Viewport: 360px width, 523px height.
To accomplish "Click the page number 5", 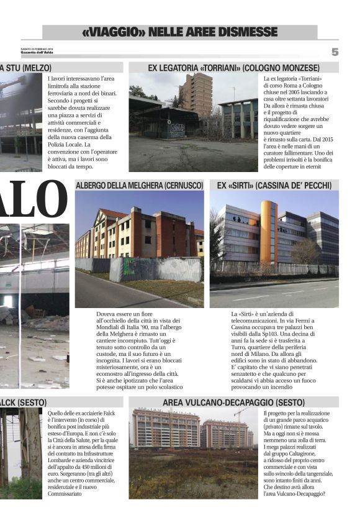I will pyautogui.click(x=335, y=52).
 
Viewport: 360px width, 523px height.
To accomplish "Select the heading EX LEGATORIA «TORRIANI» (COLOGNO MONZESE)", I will pyautogui.click(x=233, y=67).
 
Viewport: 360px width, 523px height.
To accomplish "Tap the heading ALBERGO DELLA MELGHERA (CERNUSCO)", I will pyautogui.click(x=139, y=185).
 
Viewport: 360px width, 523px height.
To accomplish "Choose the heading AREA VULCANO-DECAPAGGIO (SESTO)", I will pyautogui.click(x=234, y=402).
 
